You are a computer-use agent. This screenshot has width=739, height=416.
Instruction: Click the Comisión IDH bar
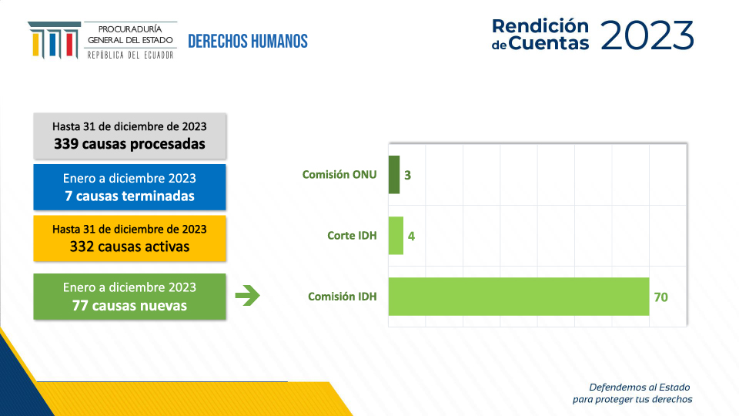(x=518, y=297)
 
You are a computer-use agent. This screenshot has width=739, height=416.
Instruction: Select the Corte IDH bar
(x=396, y=236)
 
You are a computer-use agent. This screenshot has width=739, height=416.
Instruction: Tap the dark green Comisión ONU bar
(x=394, y=175)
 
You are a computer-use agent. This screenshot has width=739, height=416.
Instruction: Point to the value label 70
(x=660, y=297)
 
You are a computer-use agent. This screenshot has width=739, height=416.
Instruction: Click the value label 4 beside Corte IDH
(x=411, y=237)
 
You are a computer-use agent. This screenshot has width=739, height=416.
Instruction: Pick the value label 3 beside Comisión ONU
(x=408, y=176)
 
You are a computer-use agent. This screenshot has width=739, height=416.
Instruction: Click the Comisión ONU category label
(x=339, y=175)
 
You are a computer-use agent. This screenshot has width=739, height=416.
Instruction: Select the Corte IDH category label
(x=352, y=236)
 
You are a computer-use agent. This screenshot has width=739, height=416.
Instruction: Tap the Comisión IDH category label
(x=342, y=296)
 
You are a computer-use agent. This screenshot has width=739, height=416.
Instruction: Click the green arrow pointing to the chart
(x=247, y=296)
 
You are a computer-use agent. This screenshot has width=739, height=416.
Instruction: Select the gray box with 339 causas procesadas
(x=129, y=136)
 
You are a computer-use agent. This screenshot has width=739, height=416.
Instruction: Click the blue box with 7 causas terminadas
(x=129, y=187)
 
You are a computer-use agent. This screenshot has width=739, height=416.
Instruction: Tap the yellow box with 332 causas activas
(x=129, y=238)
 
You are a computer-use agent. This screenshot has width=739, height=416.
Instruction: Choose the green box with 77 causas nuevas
(x=129, y=297)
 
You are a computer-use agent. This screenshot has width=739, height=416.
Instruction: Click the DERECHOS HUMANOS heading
(x=248, y=42)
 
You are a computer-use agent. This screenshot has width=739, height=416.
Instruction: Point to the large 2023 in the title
(x=647, y=35)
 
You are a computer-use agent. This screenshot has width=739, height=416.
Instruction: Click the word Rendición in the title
(x=540, y=26)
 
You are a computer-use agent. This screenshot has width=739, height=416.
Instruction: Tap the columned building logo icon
(x=54, y=40)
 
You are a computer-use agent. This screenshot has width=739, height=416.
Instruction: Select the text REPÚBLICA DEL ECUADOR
(x=131, y=55)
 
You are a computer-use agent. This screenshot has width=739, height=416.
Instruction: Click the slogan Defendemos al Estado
(x=640, y=387)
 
